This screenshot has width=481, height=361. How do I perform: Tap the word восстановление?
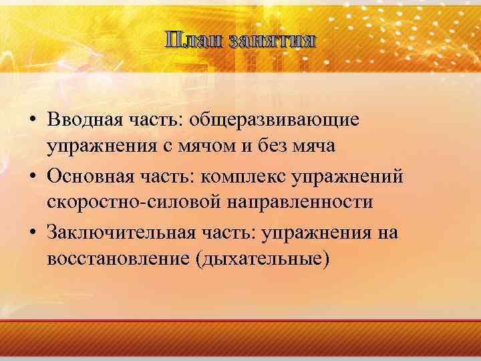click(121, 258)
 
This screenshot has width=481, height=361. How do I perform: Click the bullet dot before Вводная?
click(33, 121)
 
